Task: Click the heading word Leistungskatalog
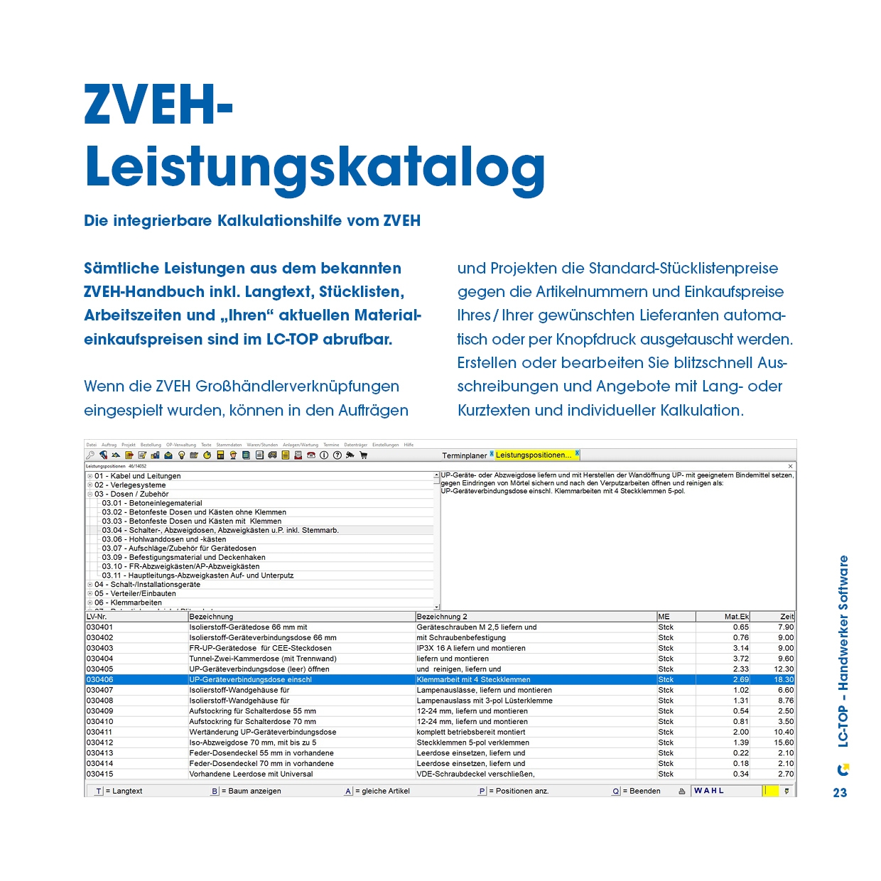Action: point(315,168)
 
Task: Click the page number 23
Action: point(840,793)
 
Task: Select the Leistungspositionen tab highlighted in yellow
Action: point(533,455)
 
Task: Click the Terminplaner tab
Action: point(465,455)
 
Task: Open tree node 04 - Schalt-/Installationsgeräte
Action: point(147,585)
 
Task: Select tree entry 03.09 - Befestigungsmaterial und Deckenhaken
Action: point(183,558)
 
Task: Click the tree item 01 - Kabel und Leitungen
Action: point(137,476)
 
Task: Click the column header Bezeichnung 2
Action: point(442,617)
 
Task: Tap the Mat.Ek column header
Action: point(736,617)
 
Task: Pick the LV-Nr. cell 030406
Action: point(100,680)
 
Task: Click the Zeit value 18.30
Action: point(784,680)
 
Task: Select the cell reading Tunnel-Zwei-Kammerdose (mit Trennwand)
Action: point(263,659)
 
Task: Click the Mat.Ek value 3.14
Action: point(740,648)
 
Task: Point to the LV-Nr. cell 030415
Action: point(100,774)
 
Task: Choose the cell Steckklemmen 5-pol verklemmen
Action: point(472,742)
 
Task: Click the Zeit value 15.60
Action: point(784,742)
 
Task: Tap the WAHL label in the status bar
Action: point(709,791)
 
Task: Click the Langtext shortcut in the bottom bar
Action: point(126,791)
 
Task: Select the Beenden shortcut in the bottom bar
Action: point(644,791)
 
